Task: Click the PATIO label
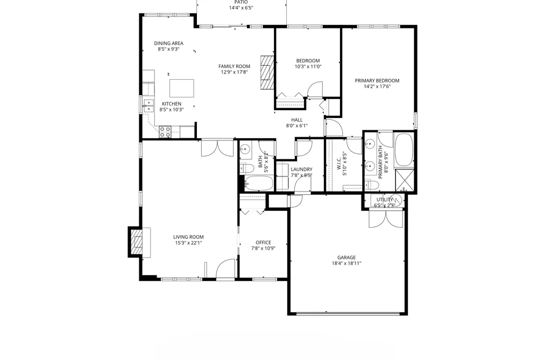241,2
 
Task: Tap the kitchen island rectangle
181,88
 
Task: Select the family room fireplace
267,72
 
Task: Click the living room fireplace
139,242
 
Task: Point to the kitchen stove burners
165,132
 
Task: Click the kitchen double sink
149,106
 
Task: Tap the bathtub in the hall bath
259,183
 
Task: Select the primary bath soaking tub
404,150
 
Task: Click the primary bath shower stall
405,180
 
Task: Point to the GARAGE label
346,258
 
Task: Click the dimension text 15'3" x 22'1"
188,243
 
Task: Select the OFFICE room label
264,243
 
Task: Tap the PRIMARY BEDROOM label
377,81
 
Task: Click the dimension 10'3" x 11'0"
308,66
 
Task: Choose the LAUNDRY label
301,170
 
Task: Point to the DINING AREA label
168,44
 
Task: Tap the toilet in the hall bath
246,169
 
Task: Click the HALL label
297,120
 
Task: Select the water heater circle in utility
395,200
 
